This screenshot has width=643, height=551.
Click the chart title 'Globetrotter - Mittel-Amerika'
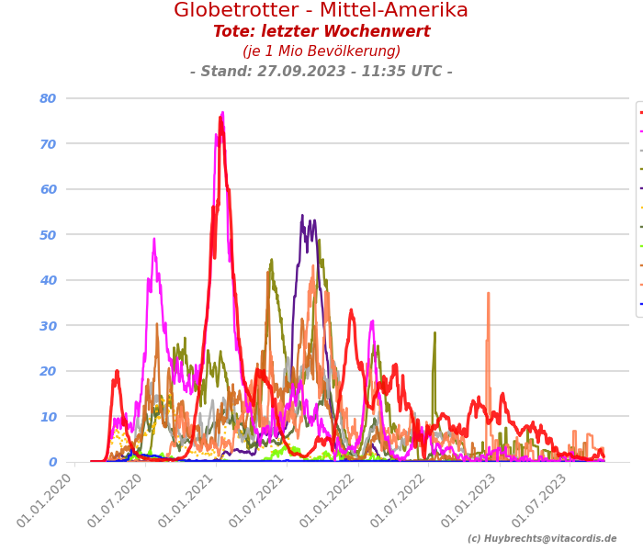pyautogui.click(x=321, y=11)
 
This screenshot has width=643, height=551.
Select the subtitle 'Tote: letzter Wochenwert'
pyautogui.click(x=321, y=32)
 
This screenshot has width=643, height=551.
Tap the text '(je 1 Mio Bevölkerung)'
pyautogui.click(x=321, y=51)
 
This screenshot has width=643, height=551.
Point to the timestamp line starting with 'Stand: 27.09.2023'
pyautogui.click(x=321, y=72)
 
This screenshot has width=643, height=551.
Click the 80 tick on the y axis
pyautogui.click(x=48, y=98)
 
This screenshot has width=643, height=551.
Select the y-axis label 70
pyautogui.click(x=48, y=144)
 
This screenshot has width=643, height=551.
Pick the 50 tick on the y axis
pyautogui.click(x=48, y=235)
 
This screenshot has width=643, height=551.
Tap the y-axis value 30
pyautogui.click(x=48, y=326)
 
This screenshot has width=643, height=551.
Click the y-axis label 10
pyautogui.click(x=48, y=417)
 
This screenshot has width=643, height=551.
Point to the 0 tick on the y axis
pyautogui.click(x=52, y=462)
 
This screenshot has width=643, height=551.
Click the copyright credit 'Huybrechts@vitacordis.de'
pyautogui.click(x=542, y=539)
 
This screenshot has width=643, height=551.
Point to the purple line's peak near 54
pyautogui.click(x=302, y=216)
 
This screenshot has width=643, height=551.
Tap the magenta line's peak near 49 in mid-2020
pyautogui.click(x=154, y=239)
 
